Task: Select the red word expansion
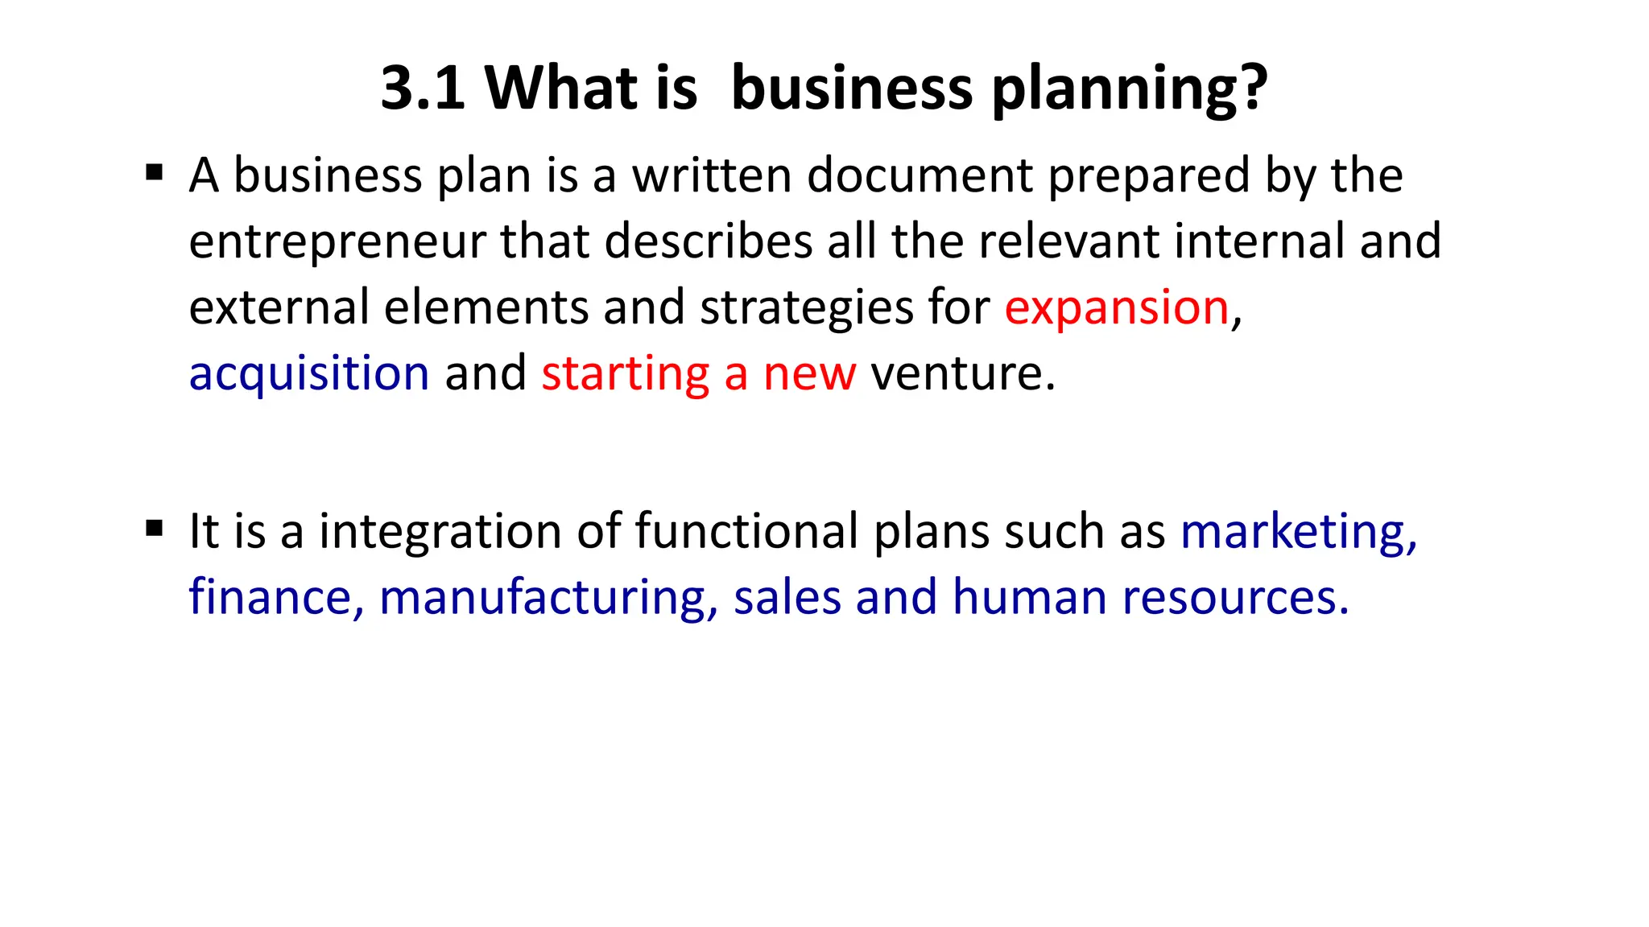coord(1116,307)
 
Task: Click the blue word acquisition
coord(309,373)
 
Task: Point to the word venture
coord(962,373)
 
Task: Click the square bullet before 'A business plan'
coord(155,173)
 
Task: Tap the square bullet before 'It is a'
coord(155,529)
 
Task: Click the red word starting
coord(625,373)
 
